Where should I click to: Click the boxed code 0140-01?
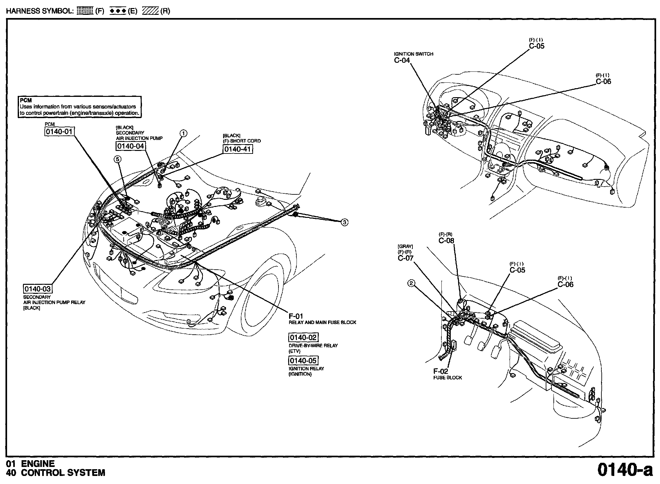click(x=59, y=132)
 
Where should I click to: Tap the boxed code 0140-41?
click(x=238, y=149)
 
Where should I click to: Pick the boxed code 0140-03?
click(x=38, y=289)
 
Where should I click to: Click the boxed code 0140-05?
click(x=303, y=360)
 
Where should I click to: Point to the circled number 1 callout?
click(x=183, y=133)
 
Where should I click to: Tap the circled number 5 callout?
click(x=118, y=159)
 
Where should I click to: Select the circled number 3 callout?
click(x=344, y=222)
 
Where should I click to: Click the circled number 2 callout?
click(x=411, y=283)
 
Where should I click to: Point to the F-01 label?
click(x=296, y=316)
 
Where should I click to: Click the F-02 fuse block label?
click(x=441, y=372)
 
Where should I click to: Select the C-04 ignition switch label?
click(x=402, y=60)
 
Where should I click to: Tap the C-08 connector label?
click(x=446, y=240)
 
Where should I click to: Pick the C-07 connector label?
click(x=406, y=258)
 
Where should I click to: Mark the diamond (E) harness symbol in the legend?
click(x=118, y=11)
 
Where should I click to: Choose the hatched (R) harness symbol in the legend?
click(x=151, y=11)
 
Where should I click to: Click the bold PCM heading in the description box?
click(x=26, y=100)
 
